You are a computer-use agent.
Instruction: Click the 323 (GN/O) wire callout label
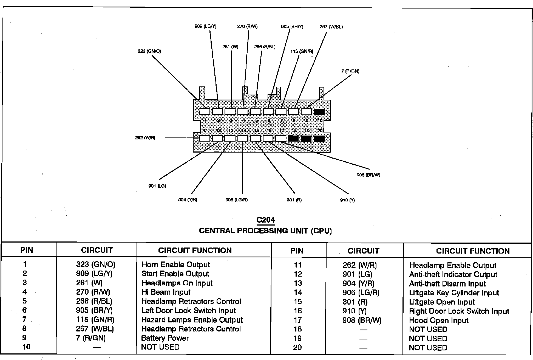[x=149, y=51]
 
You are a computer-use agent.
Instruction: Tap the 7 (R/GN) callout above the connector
[x=350, y=71]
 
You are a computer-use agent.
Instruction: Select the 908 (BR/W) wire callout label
[x=368, y=175]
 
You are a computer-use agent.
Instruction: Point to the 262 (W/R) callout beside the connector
[x=145, y=138]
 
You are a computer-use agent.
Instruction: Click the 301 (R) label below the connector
[x=294, y=200]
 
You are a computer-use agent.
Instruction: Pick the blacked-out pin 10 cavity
[x=319, y=112]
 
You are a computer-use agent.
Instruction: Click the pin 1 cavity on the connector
[x=205, y=111]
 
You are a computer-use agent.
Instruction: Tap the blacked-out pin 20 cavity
[x=319, y=138]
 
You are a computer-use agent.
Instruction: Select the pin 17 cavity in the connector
[x=281, y=138]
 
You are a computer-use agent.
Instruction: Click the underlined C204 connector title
[x=266, y=220]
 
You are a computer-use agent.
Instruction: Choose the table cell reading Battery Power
[x=165, y=338]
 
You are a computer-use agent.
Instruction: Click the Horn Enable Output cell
[x=175, y=265]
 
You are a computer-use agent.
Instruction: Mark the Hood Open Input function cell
[x=439, y=320]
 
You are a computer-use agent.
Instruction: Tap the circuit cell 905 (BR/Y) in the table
[x=94, y=310]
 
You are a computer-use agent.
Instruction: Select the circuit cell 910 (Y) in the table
[x=355, y=311]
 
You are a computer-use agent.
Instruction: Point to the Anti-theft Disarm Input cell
[x=447, y=284]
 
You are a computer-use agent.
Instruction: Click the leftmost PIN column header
[x=27, y=250]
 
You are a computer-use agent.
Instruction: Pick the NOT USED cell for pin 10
[x=160, y=347]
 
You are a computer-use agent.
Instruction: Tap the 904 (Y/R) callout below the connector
[x=188, y=200]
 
